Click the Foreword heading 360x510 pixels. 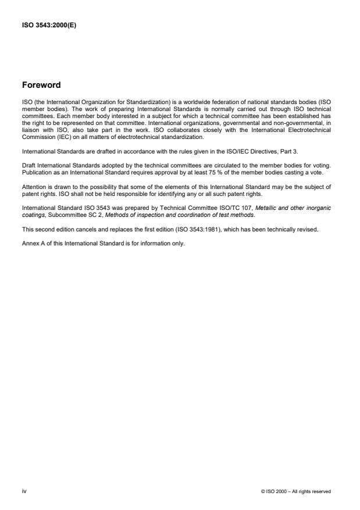coord(41,85)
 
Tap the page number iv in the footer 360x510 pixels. coord(24,491)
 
